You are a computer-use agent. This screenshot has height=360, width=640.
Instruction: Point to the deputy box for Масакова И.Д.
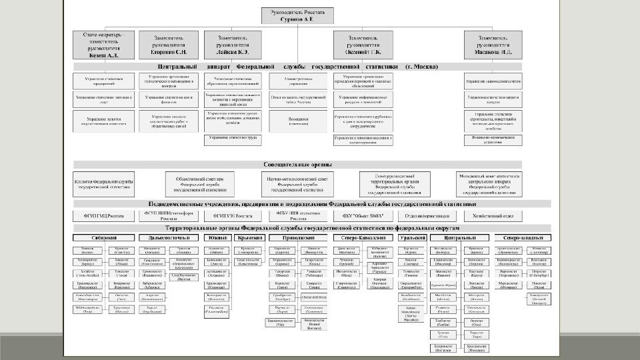[493, 45]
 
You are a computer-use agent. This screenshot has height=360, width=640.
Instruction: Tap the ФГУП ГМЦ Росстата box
[104, 216]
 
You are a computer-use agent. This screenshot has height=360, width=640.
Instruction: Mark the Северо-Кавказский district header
[363, 237]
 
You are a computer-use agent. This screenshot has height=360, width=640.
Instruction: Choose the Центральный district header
[459, 237]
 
